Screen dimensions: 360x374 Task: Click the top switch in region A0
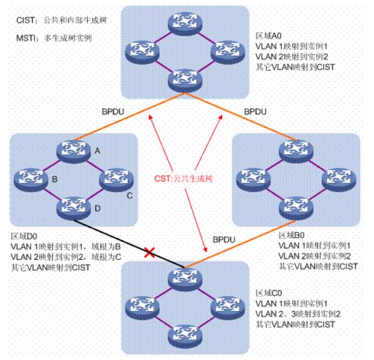pos(185,21)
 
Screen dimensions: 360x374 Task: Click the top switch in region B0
pos(296,150)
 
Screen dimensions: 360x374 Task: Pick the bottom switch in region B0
pos(296,206)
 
